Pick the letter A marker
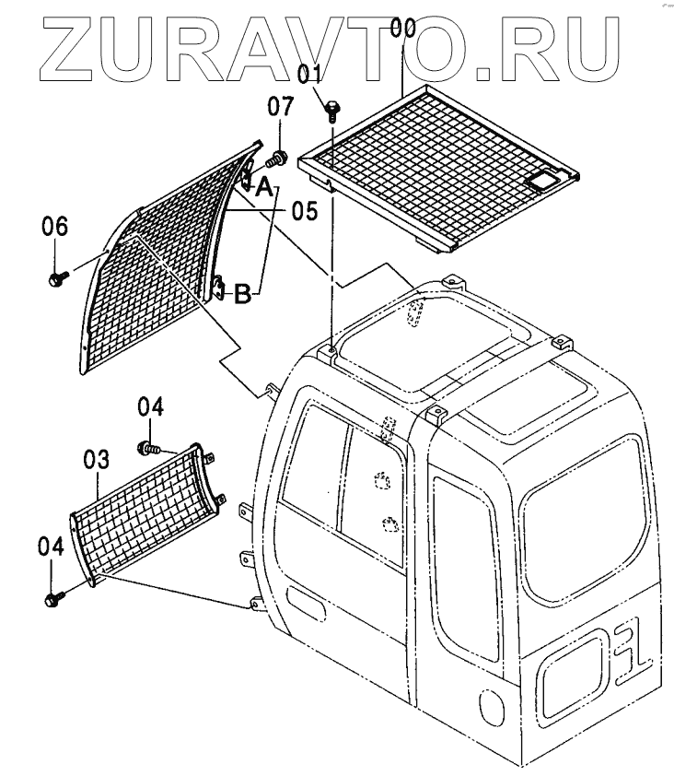263,189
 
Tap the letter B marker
242,295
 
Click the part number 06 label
55,225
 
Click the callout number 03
98,458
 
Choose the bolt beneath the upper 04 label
147,448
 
